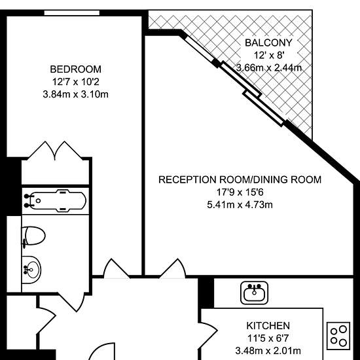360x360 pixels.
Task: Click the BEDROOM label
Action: coord(75,69)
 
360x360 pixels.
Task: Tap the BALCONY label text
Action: coord(268,43)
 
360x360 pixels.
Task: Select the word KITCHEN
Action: coord(268,325)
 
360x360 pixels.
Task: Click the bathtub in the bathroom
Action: coord(56,201)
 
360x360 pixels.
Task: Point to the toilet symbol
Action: coord(33,236)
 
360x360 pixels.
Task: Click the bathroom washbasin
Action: coord(31,270)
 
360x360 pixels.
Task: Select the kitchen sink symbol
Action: coord(254,293)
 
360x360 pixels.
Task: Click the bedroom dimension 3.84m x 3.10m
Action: coord(75,94)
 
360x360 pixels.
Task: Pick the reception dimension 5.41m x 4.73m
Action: coord(240,205)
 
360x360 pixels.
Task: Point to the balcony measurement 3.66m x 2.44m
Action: coord(268,68)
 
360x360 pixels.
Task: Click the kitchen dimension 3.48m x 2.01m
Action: coord(268,351)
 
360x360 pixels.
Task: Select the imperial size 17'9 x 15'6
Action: coord(240,192)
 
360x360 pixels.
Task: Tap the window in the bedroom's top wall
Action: coord(72,13)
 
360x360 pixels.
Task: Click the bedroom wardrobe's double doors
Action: coord(55,151)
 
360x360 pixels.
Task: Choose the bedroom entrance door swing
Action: coord(117,268)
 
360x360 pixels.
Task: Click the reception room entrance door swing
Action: coord(172,268)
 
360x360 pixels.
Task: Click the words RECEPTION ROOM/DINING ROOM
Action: coord(240,179)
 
